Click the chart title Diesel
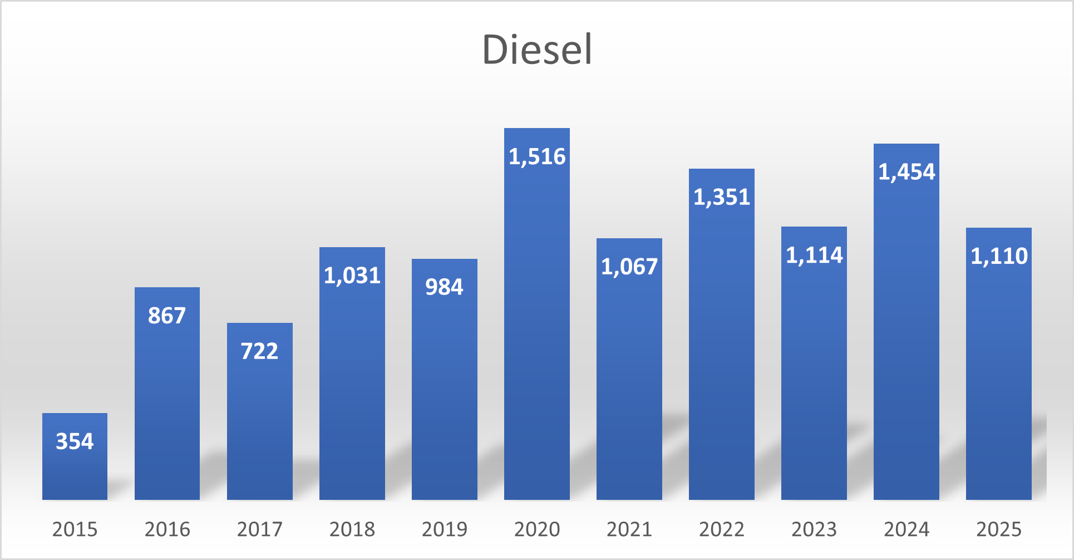[x=537, y=50]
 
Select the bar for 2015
[x=75, y=456]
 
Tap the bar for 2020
[x=537, y=314]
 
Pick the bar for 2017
[x=260, y=411]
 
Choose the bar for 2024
[x=907, y=322]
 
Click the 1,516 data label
[x=537, y=157]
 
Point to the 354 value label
[x=75, y=441]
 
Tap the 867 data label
[x=167, y=316]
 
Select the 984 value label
[x=444, y=287]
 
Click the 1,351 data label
[x=722, y=198]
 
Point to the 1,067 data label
[x=629, y=267]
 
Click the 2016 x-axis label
[x=167, y=529]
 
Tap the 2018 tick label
[x=352, y=529]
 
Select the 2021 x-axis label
[x=629, y=529]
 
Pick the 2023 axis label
[x=814, y=529]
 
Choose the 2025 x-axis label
[x=999, y=529]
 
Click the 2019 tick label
[x=444, y=529]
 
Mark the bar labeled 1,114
[x=814, y=363]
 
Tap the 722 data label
[x=259, y=351]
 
